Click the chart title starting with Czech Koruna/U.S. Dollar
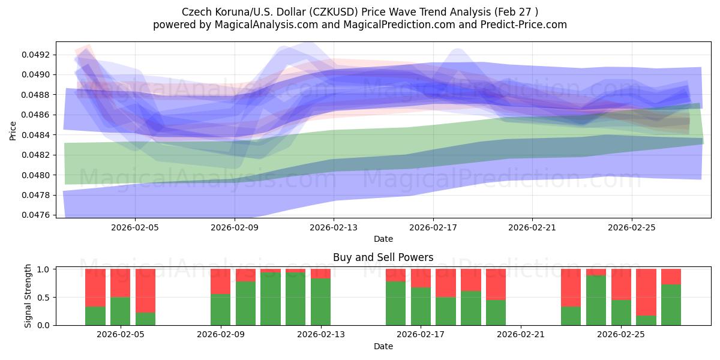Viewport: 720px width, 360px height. coord(359,11)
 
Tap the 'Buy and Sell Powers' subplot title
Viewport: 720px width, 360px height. coord(383,257)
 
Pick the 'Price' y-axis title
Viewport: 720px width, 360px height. coord(13,130)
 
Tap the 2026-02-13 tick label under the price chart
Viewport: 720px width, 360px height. coord(334,227)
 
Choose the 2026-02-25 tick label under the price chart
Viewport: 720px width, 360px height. coord(631,227)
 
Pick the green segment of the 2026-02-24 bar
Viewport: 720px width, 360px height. coord(596,300)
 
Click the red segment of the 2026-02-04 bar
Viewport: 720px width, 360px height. coord(95,287)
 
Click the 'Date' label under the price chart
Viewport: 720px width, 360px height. coord(383,239)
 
